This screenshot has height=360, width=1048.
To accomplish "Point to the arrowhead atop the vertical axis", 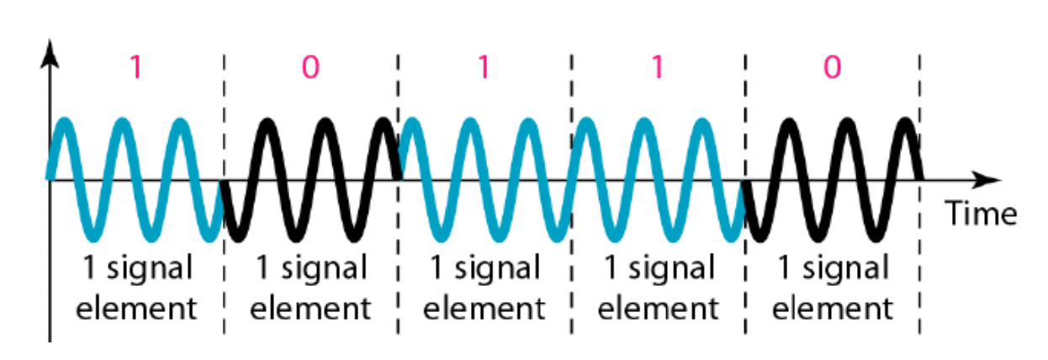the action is tap(52, 52).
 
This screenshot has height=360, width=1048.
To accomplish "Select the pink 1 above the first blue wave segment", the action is tap(136, 67).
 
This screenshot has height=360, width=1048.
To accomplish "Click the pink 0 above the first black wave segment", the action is tap(310, 67).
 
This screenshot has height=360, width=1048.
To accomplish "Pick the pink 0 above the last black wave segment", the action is tap(831, 67).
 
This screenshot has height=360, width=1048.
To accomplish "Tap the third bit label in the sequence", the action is tap(484, 67).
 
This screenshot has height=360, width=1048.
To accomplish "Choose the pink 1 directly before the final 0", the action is tap(658, 67).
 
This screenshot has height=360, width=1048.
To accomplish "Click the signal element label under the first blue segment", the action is tap(136, 289).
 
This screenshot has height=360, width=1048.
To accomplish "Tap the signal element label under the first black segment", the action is tap(310, 289).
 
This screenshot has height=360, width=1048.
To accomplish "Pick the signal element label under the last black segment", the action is tap(831, 289).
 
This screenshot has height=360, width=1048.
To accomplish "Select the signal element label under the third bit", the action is tap(484, 289).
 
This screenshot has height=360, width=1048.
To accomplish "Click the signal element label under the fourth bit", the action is tap(658, 289).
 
